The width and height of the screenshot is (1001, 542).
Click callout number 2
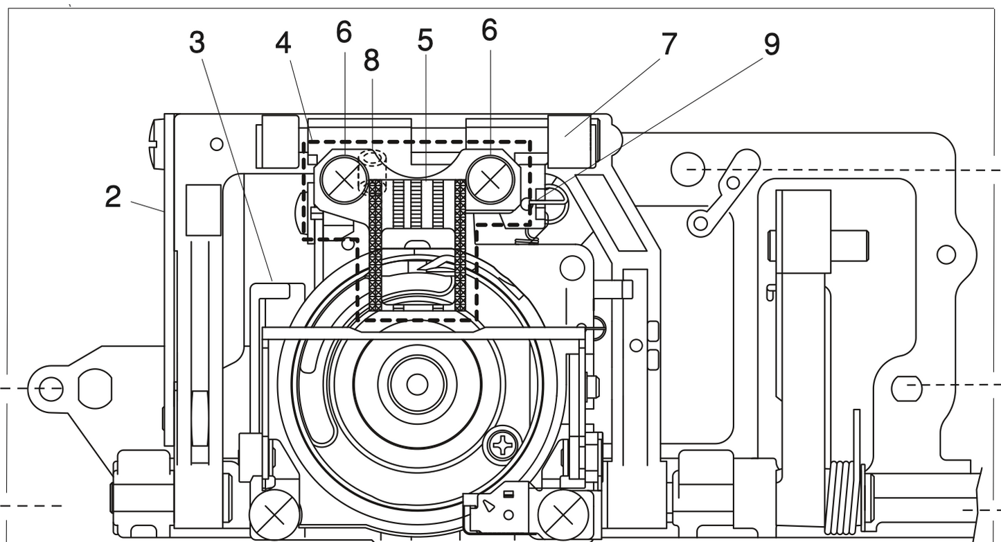point(113,198)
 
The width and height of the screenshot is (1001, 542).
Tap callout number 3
point(197,42)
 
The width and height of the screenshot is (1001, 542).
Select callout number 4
point(283,43)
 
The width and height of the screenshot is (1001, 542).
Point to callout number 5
point(425,41)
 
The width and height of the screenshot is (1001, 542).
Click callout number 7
point(668,44)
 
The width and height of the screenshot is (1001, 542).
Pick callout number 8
point(371,61)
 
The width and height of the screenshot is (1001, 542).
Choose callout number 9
point(771,44)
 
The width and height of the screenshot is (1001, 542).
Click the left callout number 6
point(344,31)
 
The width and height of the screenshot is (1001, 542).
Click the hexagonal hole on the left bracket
point(95,388)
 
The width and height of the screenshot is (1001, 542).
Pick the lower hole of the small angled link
point(701,222)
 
